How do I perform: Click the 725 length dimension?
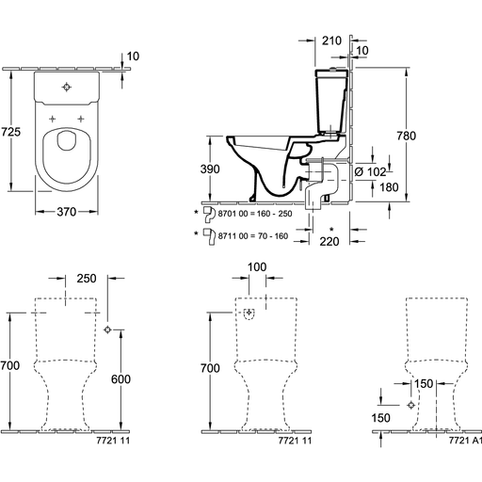tap(10, 132)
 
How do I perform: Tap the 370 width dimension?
tap(67, 212)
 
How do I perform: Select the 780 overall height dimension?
tap(407, 136)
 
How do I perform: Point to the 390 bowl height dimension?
tap(210, 169)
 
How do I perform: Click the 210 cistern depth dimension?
tap(331, 40)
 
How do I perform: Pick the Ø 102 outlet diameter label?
tap(370, 171)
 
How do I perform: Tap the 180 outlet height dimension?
tap(389, 187)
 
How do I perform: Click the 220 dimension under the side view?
tap(329, 241)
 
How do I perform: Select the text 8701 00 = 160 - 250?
tap(255, 214)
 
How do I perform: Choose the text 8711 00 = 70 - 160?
tap(253, 236)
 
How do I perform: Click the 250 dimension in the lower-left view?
tap(87, 279)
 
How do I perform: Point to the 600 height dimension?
tap(120, 379)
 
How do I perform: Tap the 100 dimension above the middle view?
tap(257, 267)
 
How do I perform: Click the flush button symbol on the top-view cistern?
tap(67, 87)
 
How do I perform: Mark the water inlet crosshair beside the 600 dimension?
tap(107, 329)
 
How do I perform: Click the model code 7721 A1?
tap(465, 441)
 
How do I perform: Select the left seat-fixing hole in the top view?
tap(53, 119)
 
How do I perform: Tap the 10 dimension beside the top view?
tap(133, 56)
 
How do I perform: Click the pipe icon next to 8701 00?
tap(209, 214)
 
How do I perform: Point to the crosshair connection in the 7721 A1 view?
tap(411, 405)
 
